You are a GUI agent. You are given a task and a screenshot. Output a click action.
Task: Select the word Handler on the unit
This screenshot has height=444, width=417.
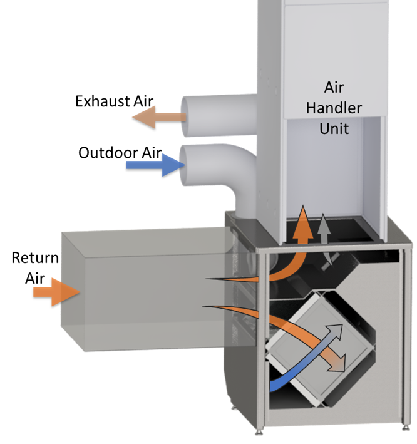pyautogui.click(x=333, y=108)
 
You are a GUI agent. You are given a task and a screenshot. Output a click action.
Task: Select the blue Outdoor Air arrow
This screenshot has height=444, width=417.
pyautogui.click(x=153, y=165)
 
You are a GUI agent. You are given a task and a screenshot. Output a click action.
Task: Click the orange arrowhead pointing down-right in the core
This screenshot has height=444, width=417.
pyautogui.click(x=338, y=364)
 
